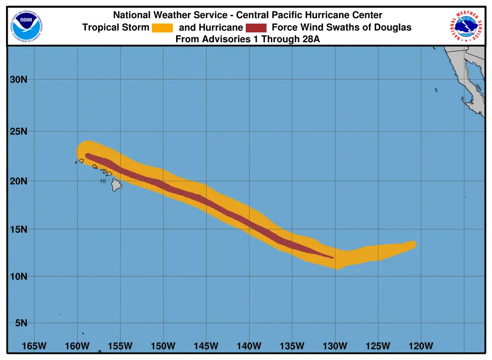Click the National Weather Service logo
[x=466, y=26]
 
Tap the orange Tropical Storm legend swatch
[x=162, y=28]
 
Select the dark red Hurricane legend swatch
[x=256, y=28]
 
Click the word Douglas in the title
[x=393, y=27]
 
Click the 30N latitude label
[x=19, y=80]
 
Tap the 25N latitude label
[x=19, y=131]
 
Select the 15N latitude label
[x=19, y=229]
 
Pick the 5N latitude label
[x=21, y=323]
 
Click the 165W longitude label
[x=34, y=346]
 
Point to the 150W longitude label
[x=163, y=346]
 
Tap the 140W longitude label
[x=249, y=346]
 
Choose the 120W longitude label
[x=421, y=346]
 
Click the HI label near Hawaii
[x=103, y=181]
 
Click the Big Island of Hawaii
[x=116, y=184]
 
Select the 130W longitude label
[x=335, y=346]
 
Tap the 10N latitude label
[x=19, y=277]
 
